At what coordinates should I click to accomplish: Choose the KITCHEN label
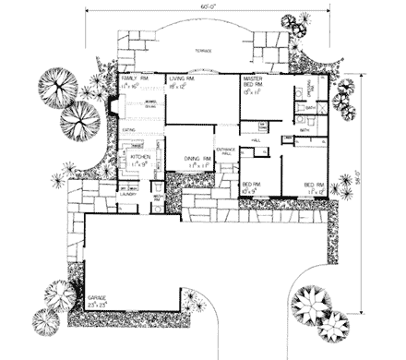139,158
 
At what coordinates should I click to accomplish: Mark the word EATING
129,131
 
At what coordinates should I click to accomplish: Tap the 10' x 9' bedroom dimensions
250,190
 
